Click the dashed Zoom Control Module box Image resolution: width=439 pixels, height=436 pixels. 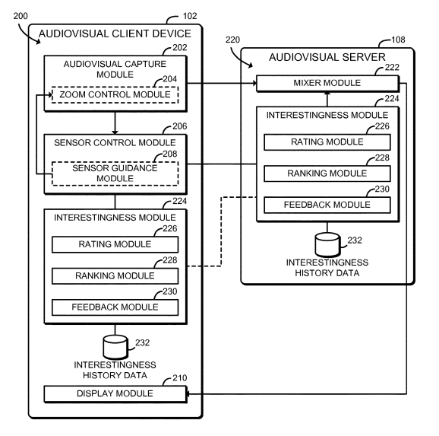pos(115,95)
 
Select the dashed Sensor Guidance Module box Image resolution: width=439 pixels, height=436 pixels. pos(115,172)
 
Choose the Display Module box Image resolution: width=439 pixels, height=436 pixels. pos(115,393)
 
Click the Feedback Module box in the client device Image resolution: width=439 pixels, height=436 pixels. pos(115,307)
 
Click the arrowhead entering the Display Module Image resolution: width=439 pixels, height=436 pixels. pos(189,393)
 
